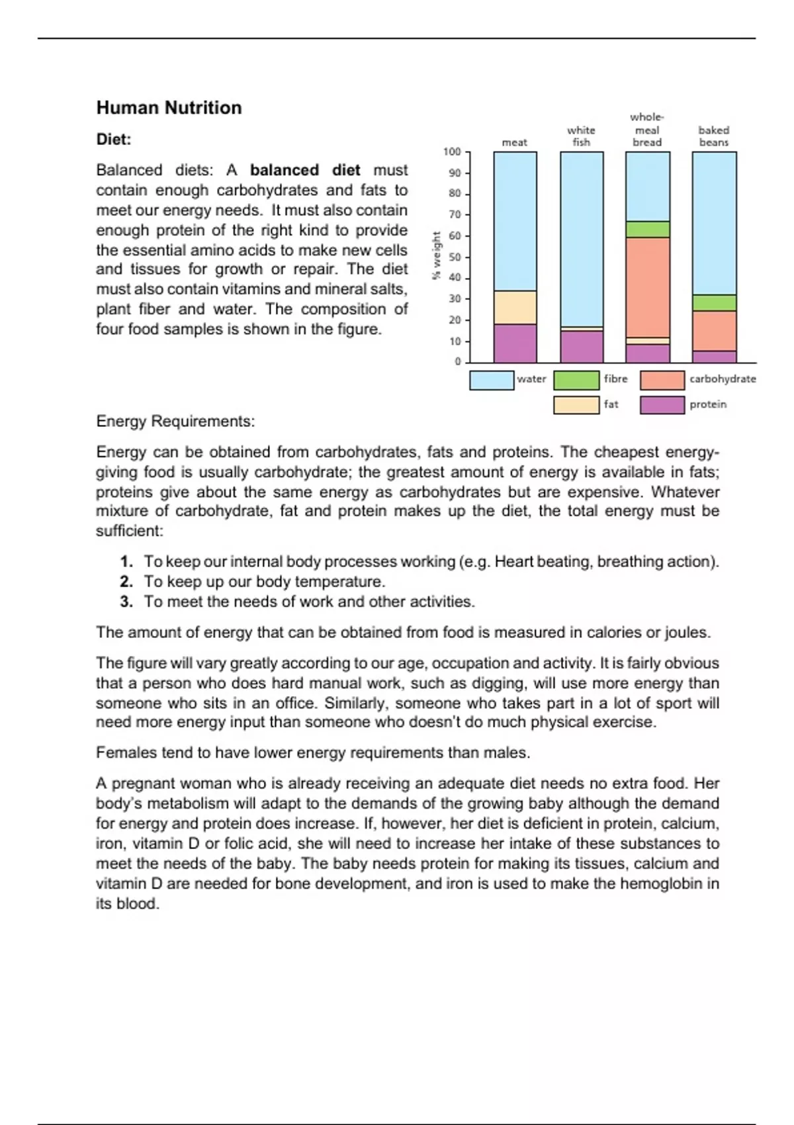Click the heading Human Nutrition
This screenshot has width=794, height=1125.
coord(169,108)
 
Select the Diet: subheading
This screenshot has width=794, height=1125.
coord(114,140)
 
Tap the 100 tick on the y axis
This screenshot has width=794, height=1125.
coord(452,152)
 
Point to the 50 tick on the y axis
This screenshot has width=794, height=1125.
coord(455,257)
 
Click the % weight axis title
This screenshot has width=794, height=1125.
coord(436,255)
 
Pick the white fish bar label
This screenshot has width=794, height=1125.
coord(581,136)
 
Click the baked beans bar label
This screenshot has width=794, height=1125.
coord(713,136)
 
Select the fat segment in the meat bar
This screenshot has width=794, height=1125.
coord(515,308)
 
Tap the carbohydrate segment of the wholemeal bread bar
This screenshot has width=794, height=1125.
coord(647,287)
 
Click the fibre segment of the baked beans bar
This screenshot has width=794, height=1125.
coord(714,302)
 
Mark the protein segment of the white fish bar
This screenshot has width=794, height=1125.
coord(582,346)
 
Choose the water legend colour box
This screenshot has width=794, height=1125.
coord(491,380)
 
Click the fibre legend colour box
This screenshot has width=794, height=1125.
coord(576,380)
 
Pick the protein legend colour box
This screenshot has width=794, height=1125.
coord(662,405)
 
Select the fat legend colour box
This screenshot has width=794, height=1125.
coord(576,405)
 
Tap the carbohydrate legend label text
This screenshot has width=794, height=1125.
coord(723,379)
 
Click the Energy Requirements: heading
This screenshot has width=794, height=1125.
coord(175,422)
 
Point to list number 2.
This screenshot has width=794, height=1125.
coord(126,582)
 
